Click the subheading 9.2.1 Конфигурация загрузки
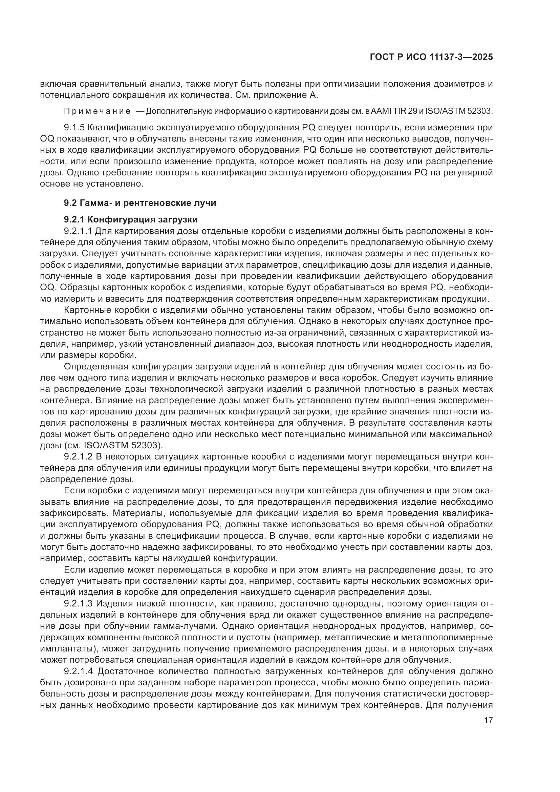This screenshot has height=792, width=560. pyautogui.click(x=131, y=219)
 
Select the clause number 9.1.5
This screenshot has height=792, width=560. pyautogui.click(x=74, y=128)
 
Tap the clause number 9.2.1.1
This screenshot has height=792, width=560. pyautogui.click(x=79, y=231)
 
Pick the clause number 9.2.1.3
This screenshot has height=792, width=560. pyautogui.click(x=79, y=604)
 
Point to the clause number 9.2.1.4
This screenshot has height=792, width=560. pyautogui.click(x=79, y=671)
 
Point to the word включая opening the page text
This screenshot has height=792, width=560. pyautogui.click(x=57, y=84)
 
